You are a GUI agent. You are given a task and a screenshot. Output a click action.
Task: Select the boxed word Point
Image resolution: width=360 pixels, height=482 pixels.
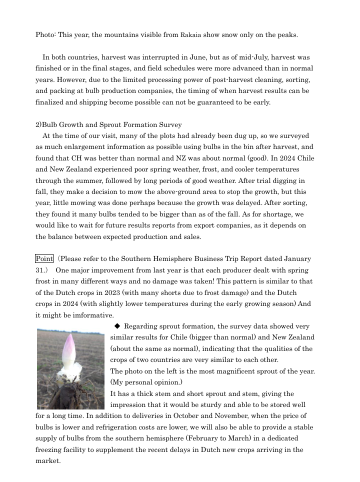44,258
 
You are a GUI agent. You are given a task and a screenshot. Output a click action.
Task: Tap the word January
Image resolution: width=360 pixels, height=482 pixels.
297,258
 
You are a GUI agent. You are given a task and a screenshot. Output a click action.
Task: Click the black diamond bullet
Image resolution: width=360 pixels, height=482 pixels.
117,326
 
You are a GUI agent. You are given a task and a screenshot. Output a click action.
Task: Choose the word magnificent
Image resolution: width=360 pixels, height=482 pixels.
237,371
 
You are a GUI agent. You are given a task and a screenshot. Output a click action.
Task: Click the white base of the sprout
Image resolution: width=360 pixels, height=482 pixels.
69,372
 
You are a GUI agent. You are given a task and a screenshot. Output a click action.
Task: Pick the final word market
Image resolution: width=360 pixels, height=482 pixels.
47,461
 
